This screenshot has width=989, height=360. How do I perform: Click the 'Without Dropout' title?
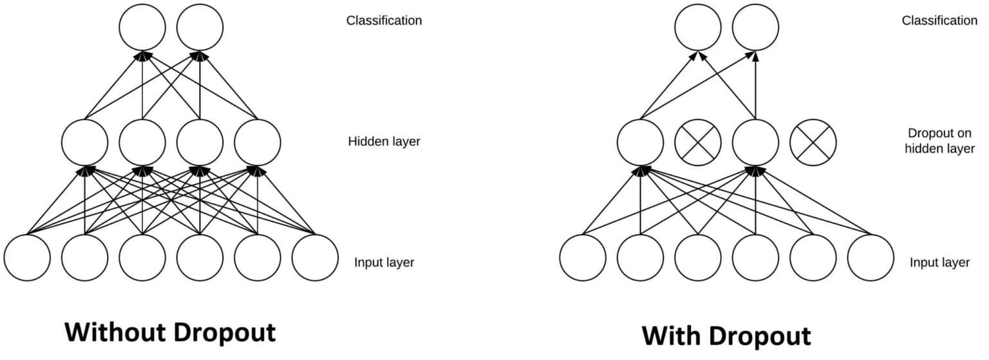170,333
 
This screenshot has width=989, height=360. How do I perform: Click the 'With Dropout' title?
726,336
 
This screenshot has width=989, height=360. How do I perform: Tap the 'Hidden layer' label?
384,141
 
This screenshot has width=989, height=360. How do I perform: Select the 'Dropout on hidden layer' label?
941,141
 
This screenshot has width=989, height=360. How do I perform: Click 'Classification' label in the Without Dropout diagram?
384,21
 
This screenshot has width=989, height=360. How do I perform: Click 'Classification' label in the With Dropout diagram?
939,21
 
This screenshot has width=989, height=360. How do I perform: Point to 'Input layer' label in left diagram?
384,262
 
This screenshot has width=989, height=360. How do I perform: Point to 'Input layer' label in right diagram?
939,262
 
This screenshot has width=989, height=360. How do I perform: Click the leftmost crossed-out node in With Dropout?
697,142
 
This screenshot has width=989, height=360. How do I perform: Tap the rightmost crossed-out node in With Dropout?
813,142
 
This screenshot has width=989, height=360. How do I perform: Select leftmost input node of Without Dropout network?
27,258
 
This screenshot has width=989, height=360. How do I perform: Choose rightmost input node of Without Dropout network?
315,258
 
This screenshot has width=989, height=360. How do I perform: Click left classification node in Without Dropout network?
142,28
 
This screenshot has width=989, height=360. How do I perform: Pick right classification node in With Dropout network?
755,28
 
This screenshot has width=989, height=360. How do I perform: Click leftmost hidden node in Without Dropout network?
84,142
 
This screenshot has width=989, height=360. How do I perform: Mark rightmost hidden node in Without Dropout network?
258,142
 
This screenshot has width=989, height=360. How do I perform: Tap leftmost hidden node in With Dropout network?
640,142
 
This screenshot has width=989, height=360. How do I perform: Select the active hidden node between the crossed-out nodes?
755,142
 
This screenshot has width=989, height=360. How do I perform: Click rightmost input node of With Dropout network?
871,258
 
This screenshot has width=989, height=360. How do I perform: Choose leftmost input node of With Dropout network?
583,258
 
